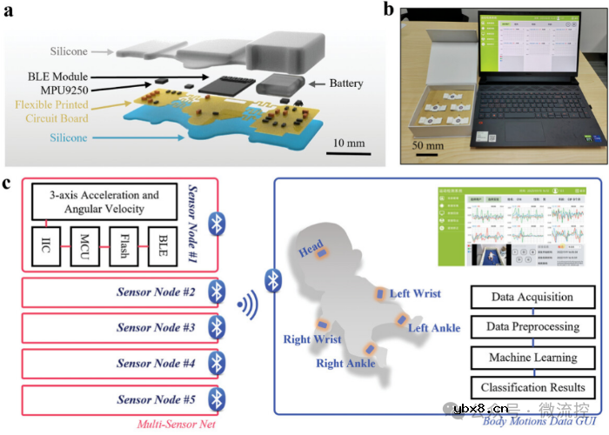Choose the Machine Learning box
(x=532, y=358)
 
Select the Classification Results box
(x=532, y=388)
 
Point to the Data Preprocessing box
(x=532, y=327)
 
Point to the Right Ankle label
(x=345, y=363)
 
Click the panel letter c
(x=8, y=184)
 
